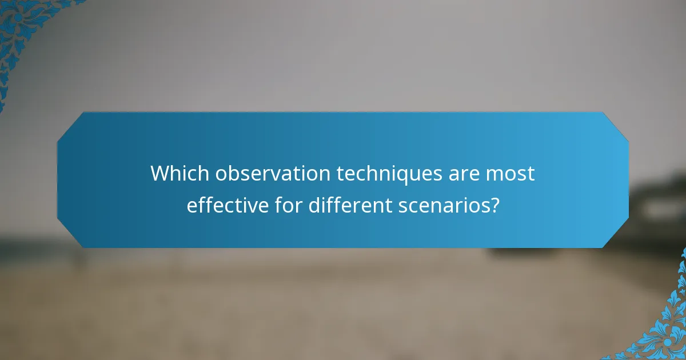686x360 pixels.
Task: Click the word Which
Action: tap(180, 174)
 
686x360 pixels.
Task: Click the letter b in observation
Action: tap(230, 174)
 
